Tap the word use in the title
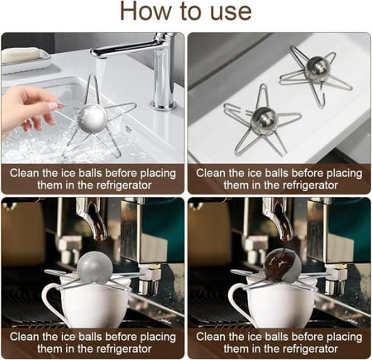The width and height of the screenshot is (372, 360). (227, 12)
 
